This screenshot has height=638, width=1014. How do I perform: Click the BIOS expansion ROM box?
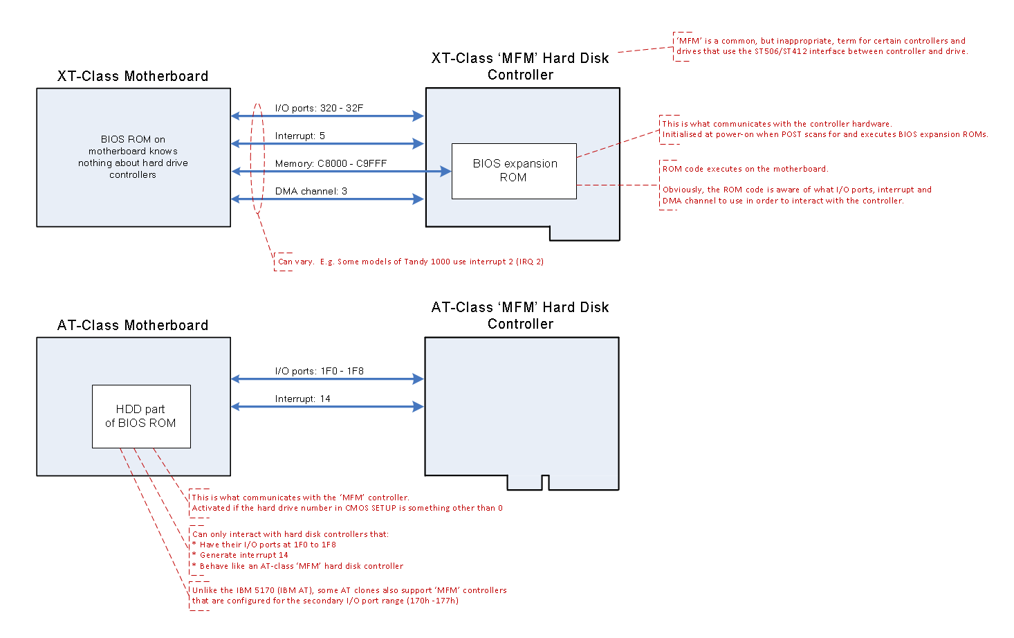(513, 171)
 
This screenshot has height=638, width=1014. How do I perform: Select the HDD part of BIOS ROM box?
(141, 417)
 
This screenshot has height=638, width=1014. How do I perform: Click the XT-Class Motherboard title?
(133, 76)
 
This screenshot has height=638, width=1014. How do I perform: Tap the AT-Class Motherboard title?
(133, 325)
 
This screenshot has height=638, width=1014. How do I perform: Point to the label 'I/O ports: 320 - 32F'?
(319, 108)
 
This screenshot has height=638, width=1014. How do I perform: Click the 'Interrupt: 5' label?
(299, 136)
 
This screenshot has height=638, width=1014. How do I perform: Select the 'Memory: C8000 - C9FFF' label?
(331, 163)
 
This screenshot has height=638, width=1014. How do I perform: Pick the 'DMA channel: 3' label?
(311, 191)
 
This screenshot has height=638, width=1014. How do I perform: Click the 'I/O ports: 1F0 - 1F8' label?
(319, 371)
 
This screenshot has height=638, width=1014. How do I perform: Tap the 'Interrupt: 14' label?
(302, 399)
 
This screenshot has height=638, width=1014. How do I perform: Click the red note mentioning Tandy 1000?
(410, 262)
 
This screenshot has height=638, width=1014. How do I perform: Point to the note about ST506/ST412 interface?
(821, 46)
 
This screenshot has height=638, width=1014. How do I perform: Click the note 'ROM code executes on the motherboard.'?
(745, 169)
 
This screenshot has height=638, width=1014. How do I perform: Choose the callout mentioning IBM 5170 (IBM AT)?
(349, 595)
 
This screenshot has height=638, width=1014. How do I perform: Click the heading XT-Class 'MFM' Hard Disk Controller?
(520, 66)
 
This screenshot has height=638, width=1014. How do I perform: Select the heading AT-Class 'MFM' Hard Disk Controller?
(520, 316)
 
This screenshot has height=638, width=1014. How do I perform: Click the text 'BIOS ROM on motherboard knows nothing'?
(133, 157)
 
